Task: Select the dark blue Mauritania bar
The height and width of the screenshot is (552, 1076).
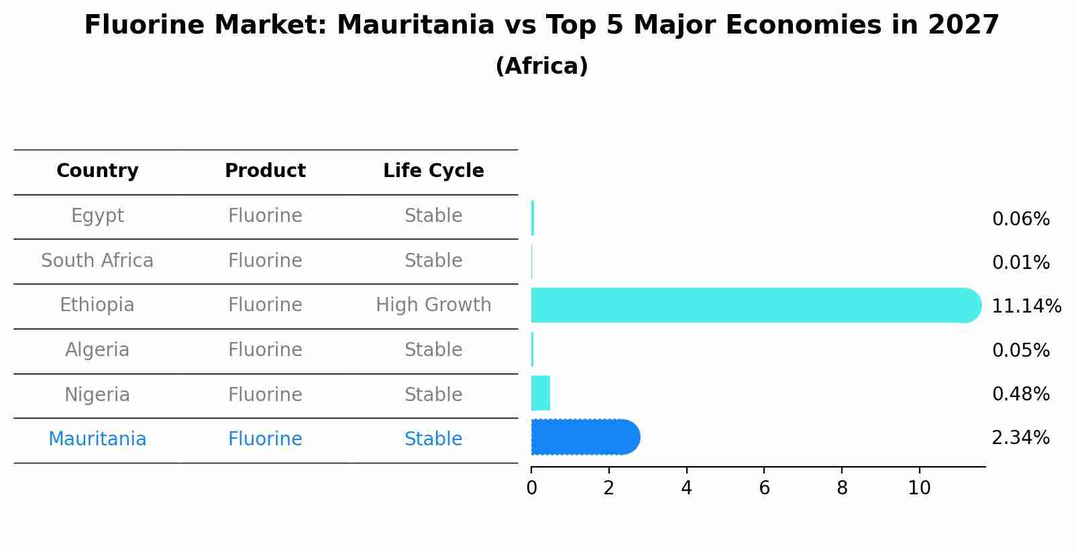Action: [x=584, y=437]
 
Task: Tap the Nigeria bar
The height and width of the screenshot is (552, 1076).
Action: [x=541, y=393]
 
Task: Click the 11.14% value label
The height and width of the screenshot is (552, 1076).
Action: [x=1026, y=307]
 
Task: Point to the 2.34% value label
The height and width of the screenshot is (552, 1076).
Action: [x=1020, y=438]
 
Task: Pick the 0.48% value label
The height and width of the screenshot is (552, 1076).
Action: [x=1020, y=394]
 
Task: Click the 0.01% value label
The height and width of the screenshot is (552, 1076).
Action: [x=1020, y=263]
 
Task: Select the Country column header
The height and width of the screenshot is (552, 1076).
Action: [x=97, y=171]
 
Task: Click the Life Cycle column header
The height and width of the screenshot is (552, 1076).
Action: [x=433, y=171]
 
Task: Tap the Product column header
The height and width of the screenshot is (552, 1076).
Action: [x=265, y=171]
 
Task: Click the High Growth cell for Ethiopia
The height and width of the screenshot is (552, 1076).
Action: [x=433, y=305]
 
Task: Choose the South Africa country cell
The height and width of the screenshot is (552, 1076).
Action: [x=97, y=261]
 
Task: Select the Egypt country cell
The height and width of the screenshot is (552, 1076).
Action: [x=97, y=216]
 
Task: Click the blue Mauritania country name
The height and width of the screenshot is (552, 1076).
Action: [x=97, y=439]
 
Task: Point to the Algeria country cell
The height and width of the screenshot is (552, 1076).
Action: [x=97, y=350]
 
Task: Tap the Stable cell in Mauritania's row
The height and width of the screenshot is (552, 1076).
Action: [x=433, y=439]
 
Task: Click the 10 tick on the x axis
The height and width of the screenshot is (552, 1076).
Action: [x=919, y=488]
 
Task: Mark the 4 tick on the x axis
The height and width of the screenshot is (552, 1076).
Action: [x=686, y=488]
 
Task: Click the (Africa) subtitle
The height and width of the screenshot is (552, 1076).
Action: [x=541, y=66]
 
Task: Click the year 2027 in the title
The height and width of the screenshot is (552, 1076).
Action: [x=963, y=25]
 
